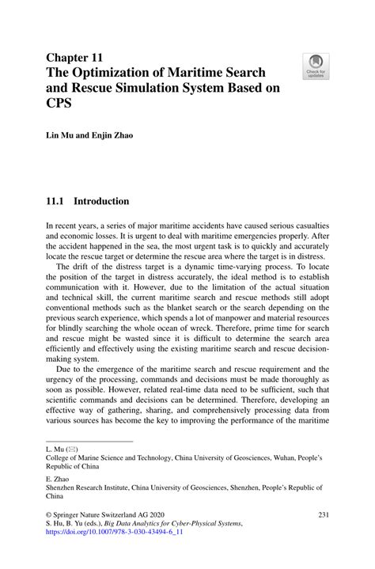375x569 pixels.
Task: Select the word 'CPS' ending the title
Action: click(60, 108)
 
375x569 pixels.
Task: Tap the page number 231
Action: click(323, 515)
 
